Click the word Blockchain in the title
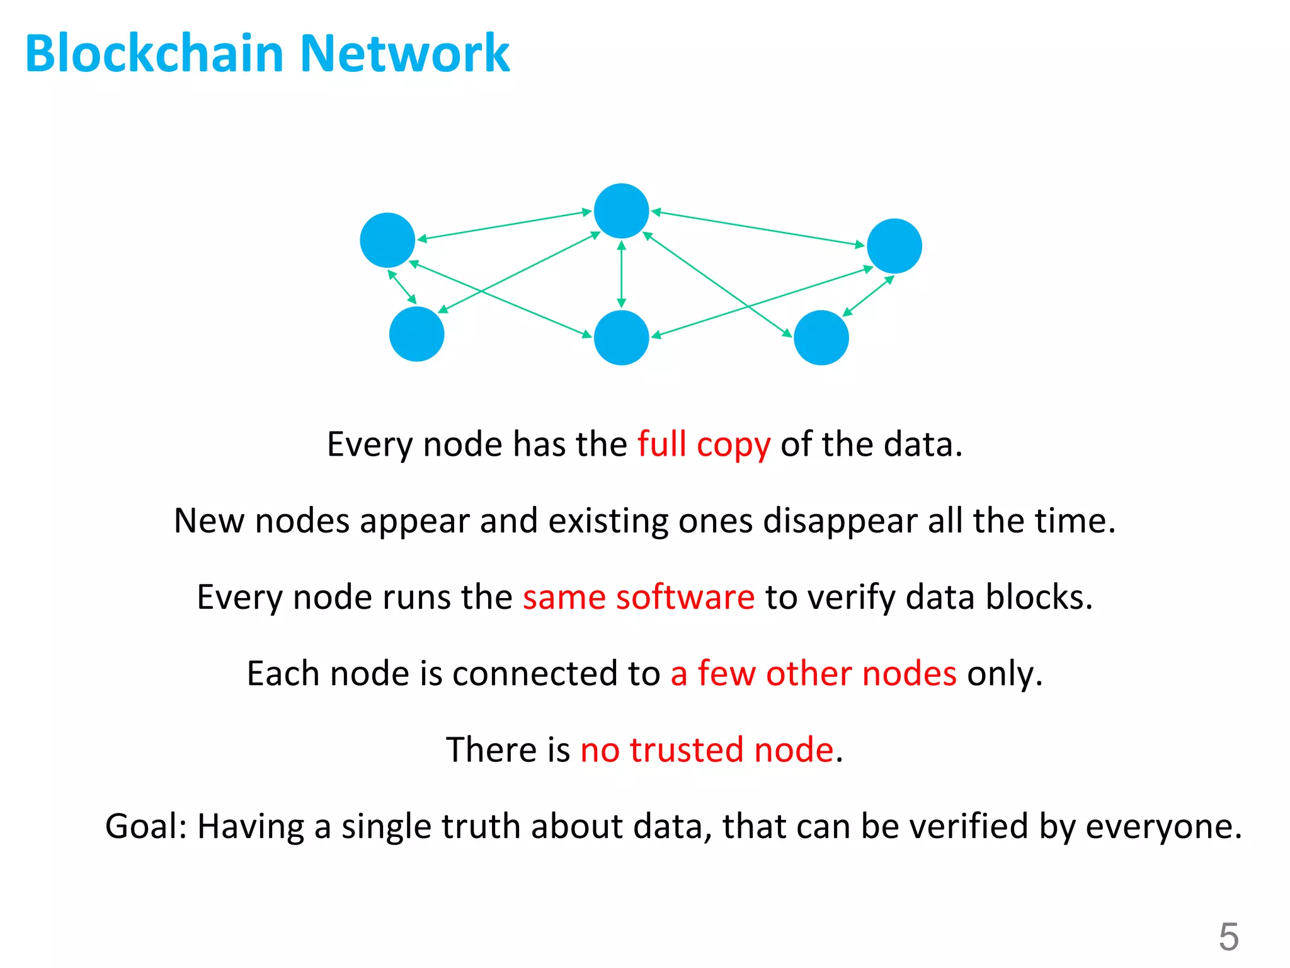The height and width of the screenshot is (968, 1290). [x=154, y=54]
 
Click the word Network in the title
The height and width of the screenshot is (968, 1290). [x=405, y=54]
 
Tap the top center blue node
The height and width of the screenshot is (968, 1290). [x=621, y=211]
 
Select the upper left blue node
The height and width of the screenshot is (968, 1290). [x=387, y=240]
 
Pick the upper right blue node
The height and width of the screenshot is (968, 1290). [x=894, y=246]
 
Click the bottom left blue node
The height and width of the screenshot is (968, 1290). [x=416, y=334]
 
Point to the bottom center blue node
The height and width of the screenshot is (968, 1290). [x=621, y=338]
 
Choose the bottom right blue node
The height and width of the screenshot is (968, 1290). [x=821, y=338]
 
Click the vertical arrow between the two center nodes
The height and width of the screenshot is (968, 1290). [x=621, y=275]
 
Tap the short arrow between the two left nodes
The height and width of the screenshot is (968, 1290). [x=402, y=287]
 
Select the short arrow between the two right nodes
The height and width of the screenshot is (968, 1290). [x=868, y=296]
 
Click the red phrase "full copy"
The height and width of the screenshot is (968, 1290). [x=704, y=445]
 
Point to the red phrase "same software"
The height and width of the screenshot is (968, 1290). [x=638, y=597]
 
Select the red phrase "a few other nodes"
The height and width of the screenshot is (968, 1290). [x=813, y=674]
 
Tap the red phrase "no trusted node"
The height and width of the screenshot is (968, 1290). [x=707, y=750]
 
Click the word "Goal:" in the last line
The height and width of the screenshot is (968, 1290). [x=146, y=826]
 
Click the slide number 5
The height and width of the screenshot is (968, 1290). [x=1228, y=936]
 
